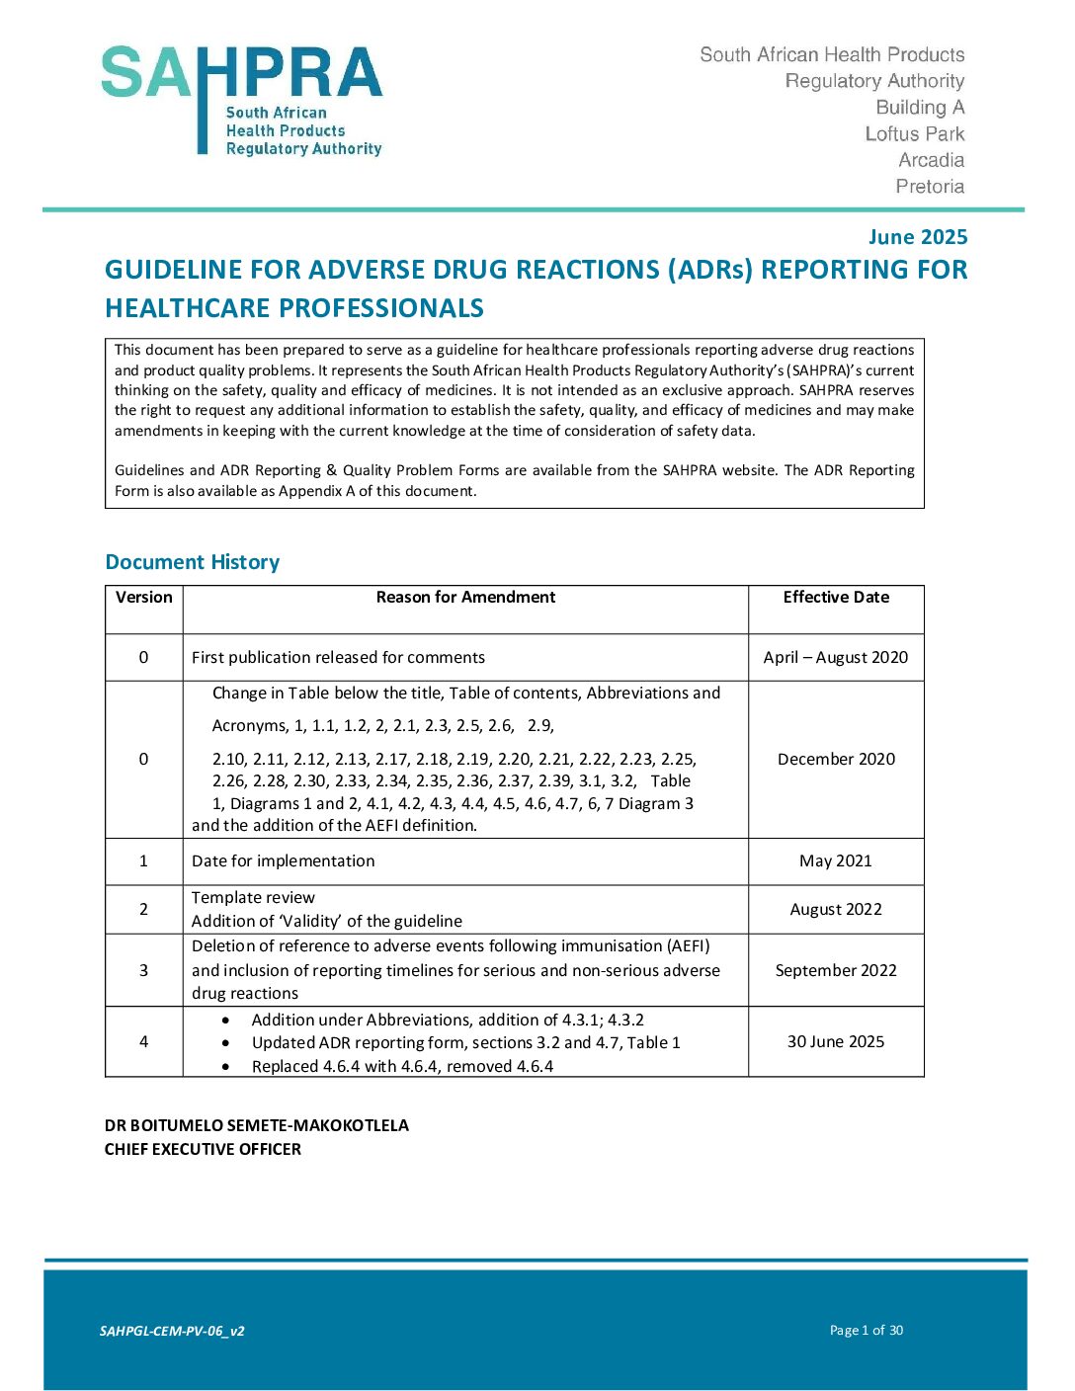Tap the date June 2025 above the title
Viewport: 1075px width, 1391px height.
pyautogui.click(x=917, y=237)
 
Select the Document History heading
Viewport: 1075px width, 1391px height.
pyautogui.click(x=193, y=562)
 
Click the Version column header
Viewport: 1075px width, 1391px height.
pyautogui.click(x=144, y=598)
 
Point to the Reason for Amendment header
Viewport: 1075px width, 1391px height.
pyautogui.click(x=465, y=598)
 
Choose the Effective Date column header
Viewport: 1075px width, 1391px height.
pyautogui.click(x=836, y=598)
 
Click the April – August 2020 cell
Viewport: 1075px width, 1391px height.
pyautogui.click(x=836, y=658)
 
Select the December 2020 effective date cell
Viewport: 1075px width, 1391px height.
pyautogui.click(x=836, y=760)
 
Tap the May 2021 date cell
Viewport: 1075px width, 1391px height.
pyautogui.click(x=836, y=861)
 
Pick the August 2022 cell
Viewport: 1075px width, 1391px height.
pyautogui.click(x=836, y=910)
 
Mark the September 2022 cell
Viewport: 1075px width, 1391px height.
pyautogui.click(x=836, y=971)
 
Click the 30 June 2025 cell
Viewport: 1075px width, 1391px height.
pyautogui.click(x=836, y=1042)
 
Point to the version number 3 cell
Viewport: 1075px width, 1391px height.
pyautogui.click(x=144, y=971)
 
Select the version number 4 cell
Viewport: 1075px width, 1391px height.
pyautogui.click(x=144, y=1042)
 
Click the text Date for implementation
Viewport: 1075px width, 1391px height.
pyautogui.click(x=284, y=861)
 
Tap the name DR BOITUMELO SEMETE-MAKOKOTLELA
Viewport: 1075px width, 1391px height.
pyautogui.click(x=257, y=1126)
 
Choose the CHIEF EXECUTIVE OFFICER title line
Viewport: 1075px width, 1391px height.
pyautogui.click(x=204, y=1150)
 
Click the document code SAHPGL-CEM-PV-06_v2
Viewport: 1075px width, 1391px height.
pyautogui.click(x=172, y=1332)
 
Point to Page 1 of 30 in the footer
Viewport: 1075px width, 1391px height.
pyautogui.click(x=867, y=1331)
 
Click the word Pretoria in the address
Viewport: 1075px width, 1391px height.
pyautogui.click(x=930, y=187)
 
